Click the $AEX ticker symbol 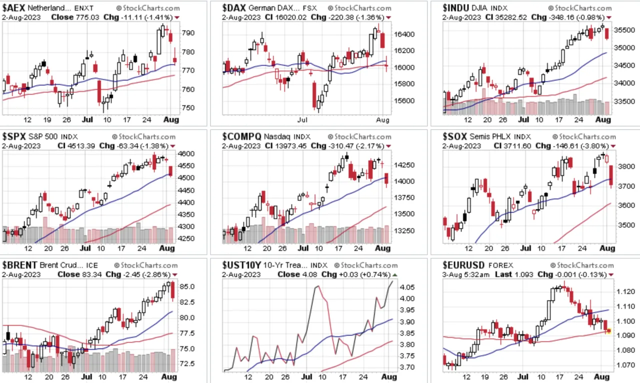[13, 7]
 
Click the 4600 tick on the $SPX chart [186, 154]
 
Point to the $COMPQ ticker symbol [241, 136]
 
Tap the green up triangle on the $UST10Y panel [395, 275]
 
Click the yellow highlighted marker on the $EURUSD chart [608, 330]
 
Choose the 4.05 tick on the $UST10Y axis [407, 287]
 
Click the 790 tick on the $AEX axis [188, 33]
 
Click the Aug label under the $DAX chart [382, 120]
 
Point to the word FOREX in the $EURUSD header [501, 265]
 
